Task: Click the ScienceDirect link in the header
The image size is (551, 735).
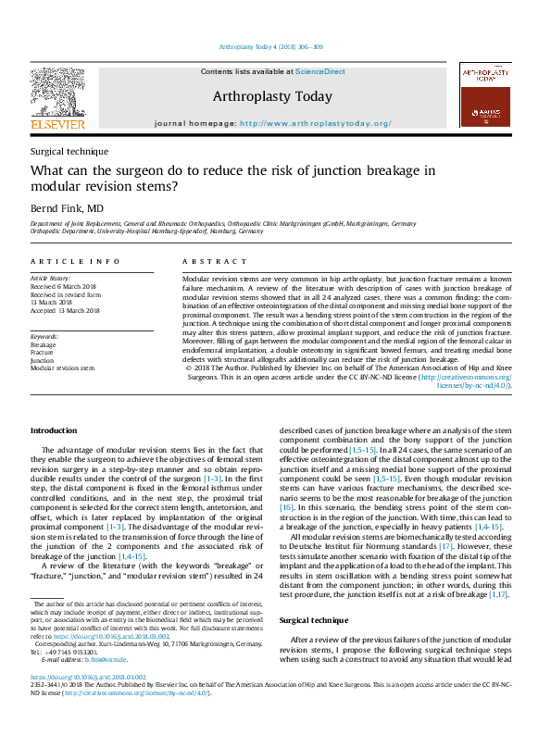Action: [x=320, y=71]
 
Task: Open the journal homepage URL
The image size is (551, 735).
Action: [x=315, y=123]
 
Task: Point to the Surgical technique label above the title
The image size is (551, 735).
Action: [x=69, y=151]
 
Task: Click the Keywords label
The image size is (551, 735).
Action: [x=44, y=336]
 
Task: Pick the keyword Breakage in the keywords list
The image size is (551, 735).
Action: [x=43, y=344]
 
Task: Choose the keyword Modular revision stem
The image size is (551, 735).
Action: [x=62, y=367]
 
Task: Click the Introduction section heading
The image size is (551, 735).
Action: [x=55, y=430]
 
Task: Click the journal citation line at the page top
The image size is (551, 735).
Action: [x=270, y=46]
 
